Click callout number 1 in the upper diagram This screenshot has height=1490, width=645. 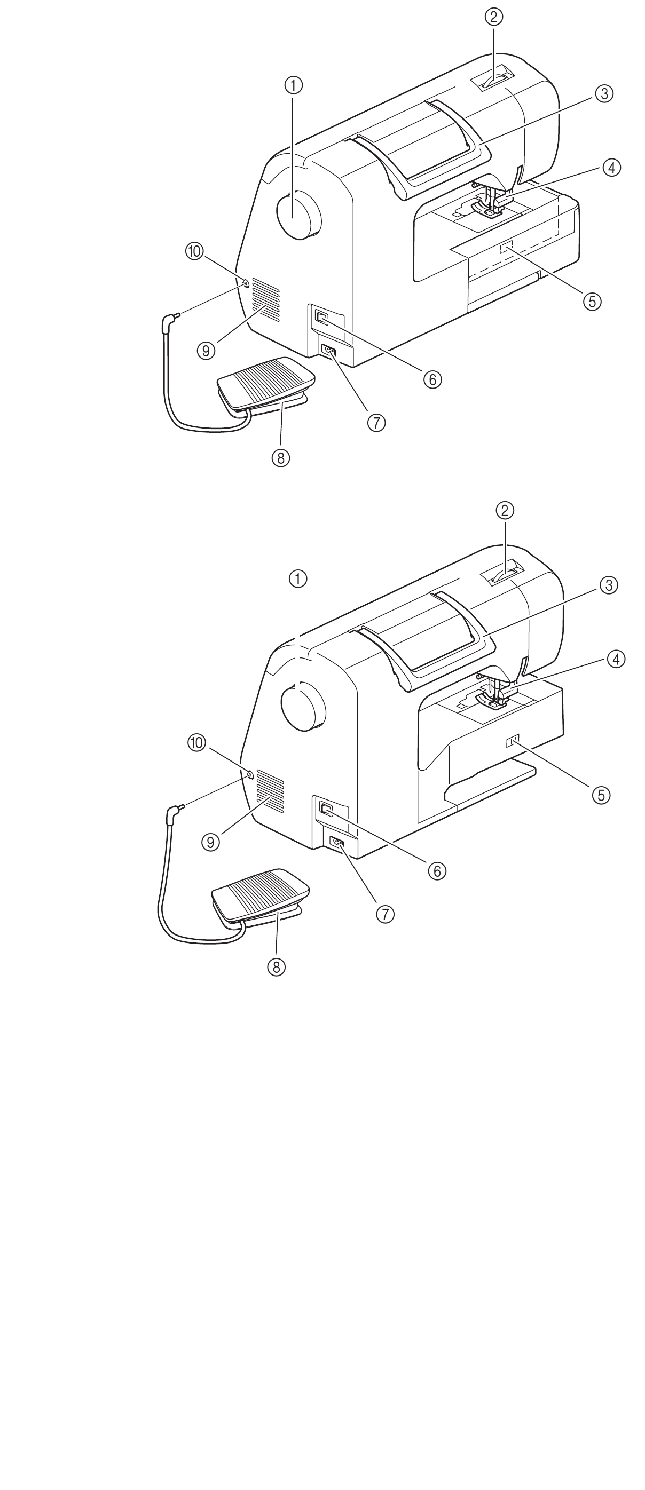(293, 85)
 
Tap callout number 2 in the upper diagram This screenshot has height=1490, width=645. (493, 17)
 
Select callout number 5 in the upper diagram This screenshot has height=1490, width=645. (592, 301)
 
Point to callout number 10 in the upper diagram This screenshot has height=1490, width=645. (194, 251)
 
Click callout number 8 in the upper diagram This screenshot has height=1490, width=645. (280, 457)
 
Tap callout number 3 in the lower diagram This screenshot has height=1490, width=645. (609, 585)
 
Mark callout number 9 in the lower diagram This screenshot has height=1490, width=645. (210, 842)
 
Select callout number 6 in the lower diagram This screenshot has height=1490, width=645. (437, 870)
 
